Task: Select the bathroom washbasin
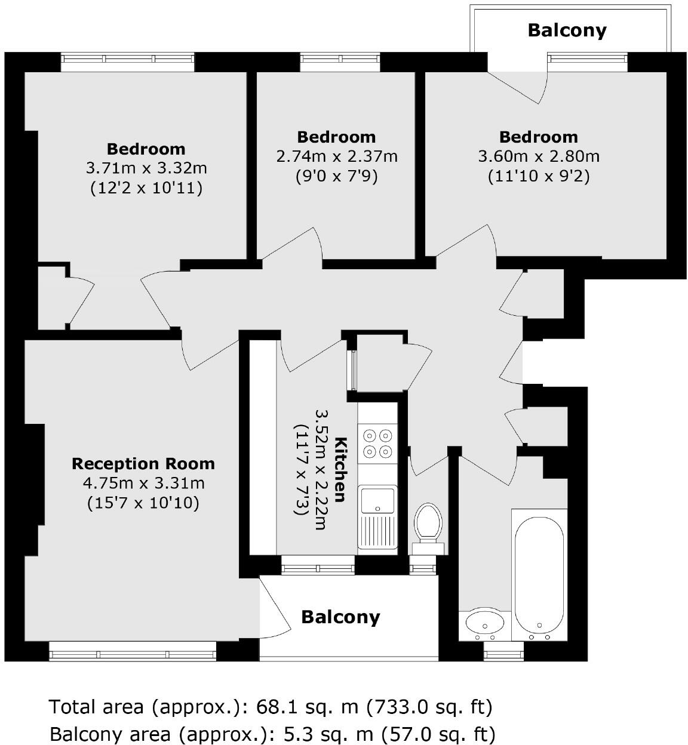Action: (484, 624)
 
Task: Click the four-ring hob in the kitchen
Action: (377, 443)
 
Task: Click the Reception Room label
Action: (143, 464)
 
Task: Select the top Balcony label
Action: (567, 30)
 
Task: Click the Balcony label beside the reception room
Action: (340, 617)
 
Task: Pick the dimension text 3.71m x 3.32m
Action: (146, 168)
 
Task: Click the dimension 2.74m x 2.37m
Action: (337, 156)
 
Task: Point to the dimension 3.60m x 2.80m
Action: (539, 156)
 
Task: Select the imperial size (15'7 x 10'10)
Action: (143, 503)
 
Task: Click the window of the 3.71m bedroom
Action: (128, 59)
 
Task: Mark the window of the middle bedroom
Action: (340, 59)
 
